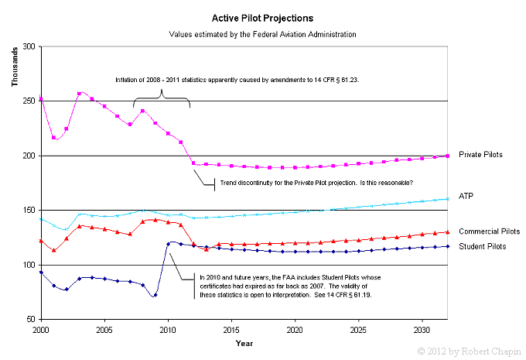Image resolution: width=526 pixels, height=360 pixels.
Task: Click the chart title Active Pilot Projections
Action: coord(262,16)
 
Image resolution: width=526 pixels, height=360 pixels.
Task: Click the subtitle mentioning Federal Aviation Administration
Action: coord(262,35)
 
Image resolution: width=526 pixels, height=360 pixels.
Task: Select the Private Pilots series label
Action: coord(480,155)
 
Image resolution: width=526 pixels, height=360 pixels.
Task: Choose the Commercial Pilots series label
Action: coord(488,231)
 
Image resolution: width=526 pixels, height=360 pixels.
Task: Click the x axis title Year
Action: coord(244,342)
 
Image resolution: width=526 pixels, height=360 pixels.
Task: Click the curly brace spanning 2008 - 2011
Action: coord(162,98)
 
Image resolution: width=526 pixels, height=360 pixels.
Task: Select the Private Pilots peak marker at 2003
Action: coord(79,94)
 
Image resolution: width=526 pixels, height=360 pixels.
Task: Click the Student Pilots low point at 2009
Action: coord(155,295)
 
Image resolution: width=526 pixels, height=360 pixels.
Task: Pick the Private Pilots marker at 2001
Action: coord(53,138)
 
